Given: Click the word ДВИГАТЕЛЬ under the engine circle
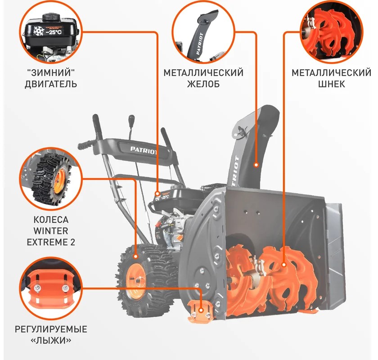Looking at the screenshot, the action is (x=51, y=84).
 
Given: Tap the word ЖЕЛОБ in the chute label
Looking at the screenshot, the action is (x=203, y=84).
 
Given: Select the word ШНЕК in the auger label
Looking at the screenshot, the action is (x=332, y=84).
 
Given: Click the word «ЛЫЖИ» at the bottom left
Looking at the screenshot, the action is (x=51, y=340).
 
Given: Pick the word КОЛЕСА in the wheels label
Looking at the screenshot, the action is (x=51, y=220).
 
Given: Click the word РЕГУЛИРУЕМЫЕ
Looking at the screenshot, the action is (x=51, y=329).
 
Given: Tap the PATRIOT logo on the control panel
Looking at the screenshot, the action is (x=144, y=150).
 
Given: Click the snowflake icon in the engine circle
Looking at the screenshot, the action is (x=38, y=31).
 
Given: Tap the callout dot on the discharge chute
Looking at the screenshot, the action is (x=256, y=165).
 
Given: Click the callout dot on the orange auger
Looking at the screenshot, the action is (x=284, y=265).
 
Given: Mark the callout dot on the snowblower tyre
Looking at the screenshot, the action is (x=136, y=256).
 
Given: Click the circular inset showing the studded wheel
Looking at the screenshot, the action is (x=51, y=179).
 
